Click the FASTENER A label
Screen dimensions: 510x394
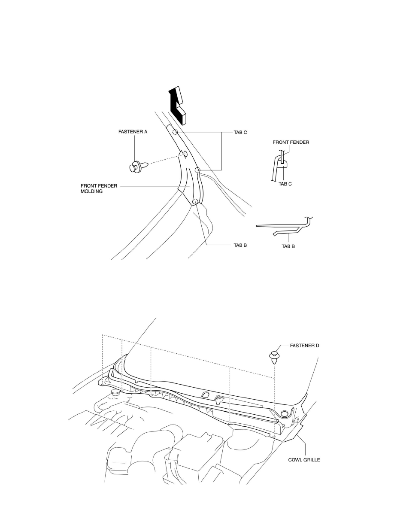click(133, 132)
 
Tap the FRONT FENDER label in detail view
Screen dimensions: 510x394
click(291, 142)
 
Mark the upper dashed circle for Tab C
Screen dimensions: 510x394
click(175, 132)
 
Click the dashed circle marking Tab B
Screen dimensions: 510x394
click(195, 202)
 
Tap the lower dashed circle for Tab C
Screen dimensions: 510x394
click(197, 171)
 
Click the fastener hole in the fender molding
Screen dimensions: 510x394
click(185, 154)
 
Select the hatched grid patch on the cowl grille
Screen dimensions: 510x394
click(220, 398)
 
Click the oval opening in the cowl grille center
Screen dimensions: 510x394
click(205, 395)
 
